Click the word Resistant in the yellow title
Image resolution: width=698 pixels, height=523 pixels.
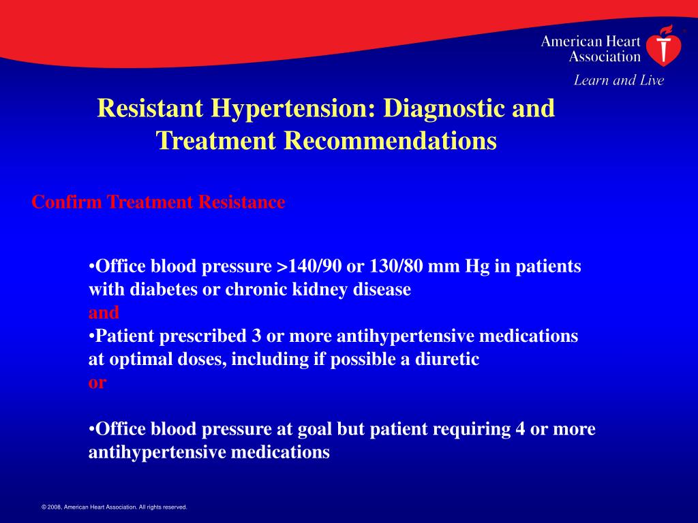(149, 109)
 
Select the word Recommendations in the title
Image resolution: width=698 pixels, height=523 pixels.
(390, 141)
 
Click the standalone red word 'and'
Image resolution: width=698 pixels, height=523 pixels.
(104, 313)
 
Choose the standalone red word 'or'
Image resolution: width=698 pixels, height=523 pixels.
(97, 383)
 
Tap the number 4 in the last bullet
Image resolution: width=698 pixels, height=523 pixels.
(521, 429)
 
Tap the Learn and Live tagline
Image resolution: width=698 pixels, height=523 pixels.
(618, 80)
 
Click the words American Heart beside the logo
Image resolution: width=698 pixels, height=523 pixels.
(590, 42)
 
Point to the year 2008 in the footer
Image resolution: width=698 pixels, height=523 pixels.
(54, 507)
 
